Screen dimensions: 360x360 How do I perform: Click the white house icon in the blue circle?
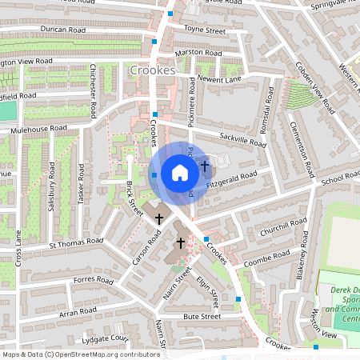pos(180,172)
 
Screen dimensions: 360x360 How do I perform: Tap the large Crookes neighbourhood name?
pos(150,70)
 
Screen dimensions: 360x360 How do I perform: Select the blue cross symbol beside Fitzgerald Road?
pos(205,166)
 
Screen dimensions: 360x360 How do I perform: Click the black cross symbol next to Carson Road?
pos(159,218)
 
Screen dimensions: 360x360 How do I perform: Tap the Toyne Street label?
pos(206,29)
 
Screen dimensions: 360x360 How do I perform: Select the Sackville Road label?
pos(243,142)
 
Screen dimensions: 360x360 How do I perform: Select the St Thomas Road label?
pos(76,242)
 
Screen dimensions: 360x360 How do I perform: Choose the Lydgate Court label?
pos(104,338)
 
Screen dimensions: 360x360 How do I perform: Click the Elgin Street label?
pos(209,291)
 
